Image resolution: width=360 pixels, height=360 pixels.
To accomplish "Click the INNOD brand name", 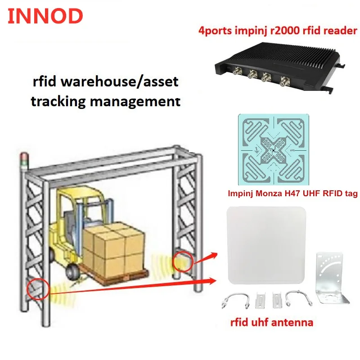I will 45,16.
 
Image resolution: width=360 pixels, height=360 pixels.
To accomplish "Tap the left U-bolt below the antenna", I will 234,299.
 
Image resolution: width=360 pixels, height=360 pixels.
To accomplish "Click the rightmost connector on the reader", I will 285,82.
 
